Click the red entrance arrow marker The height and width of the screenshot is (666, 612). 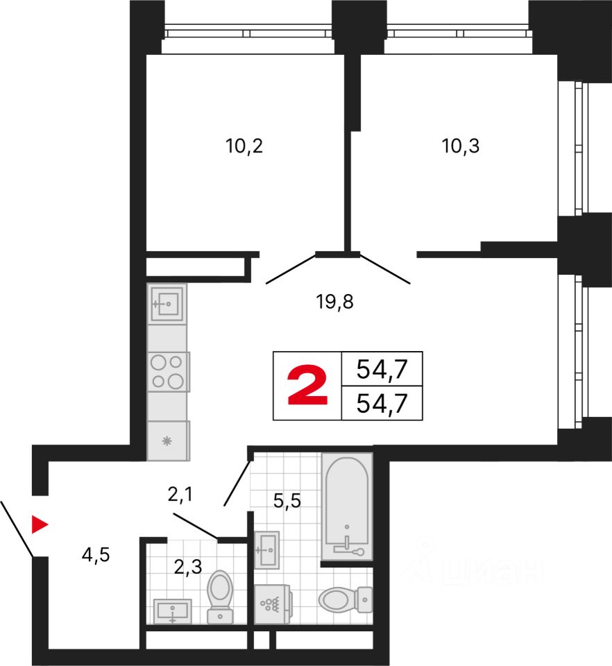click(40, 524)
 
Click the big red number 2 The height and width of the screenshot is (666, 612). click(307, 386)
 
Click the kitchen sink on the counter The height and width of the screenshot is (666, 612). click(167, 304)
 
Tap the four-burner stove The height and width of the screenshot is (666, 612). click(169, 372)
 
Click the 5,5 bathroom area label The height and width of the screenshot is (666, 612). click(287, 500)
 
